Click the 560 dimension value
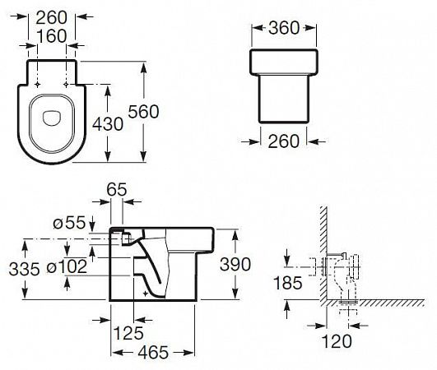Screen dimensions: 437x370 143,112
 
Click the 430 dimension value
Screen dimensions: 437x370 108,124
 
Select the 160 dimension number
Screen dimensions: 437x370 52,36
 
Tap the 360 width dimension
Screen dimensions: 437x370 284,28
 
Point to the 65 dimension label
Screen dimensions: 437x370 117,190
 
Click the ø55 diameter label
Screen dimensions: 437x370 69,223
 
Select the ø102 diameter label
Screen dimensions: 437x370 67,266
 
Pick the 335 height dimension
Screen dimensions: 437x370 24,269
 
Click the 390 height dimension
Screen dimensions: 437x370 235,264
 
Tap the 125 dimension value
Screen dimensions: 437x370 128,333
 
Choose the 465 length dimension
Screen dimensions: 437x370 153,353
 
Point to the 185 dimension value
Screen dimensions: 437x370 288,283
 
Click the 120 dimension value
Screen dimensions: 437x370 337,341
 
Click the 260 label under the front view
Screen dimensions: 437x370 284,141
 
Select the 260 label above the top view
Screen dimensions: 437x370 52,17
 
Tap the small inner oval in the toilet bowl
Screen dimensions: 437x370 52,118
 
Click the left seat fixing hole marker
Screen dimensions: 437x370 37,84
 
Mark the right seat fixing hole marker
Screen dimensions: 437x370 66,84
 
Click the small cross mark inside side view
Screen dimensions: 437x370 145,294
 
